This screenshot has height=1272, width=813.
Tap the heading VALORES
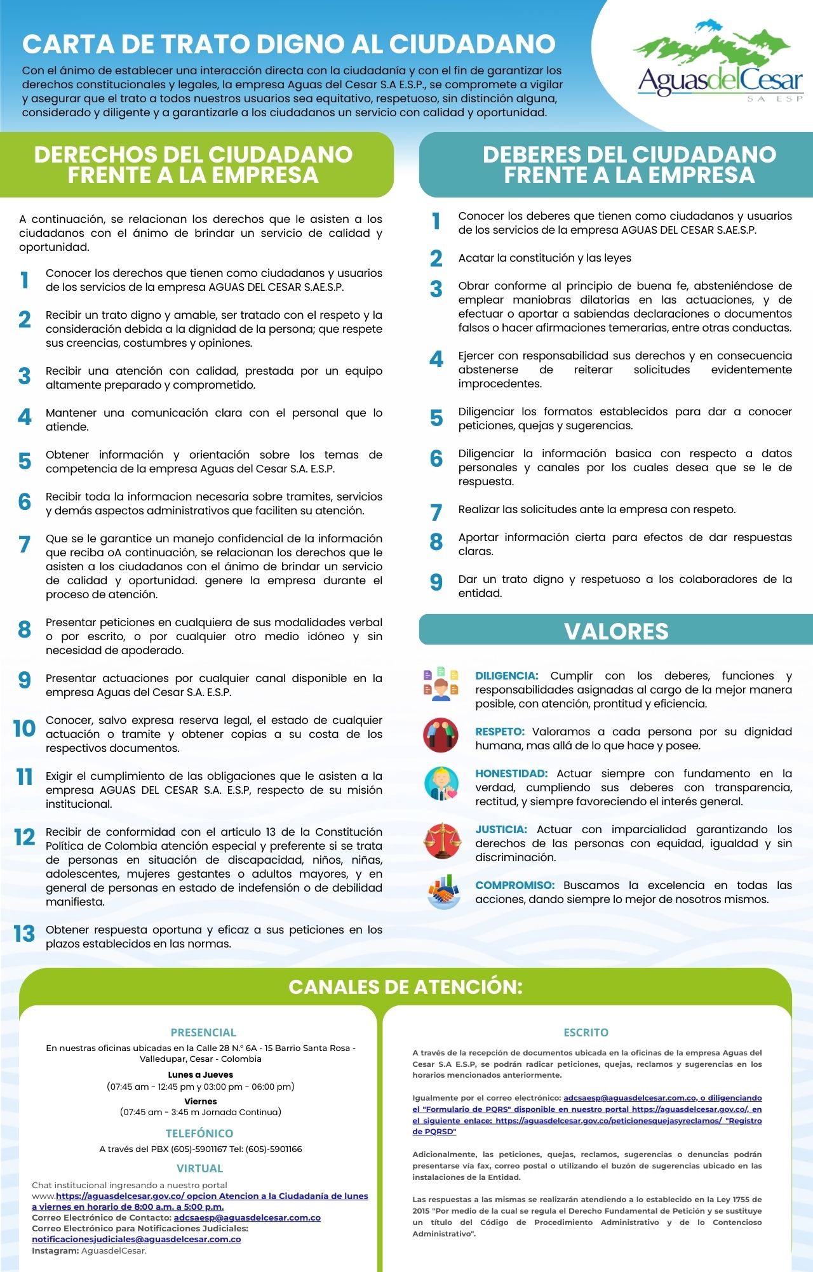pos(616,631)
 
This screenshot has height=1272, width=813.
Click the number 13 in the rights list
pos(24,934)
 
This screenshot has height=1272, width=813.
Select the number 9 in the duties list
pos(436,582)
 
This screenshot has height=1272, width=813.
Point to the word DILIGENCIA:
pos(507,676)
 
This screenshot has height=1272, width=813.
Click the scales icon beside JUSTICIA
pos(441,840)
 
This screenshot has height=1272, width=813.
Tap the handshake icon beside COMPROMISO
pos(443,891)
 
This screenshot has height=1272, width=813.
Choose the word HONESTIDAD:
pos(511,773)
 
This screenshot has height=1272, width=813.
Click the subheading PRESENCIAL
pos(203,1033)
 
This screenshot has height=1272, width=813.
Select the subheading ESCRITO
pos(586,1033)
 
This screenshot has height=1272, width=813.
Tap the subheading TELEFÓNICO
pos(199,1133)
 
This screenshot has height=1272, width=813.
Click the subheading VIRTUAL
pos(199,1168)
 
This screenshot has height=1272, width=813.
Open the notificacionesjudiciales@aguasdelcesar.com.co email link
pos(137,1239)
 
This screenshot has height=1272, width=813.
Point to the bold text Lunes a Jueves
pos(201,1075)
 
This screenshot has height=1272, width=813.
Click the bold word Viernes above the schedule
pos(201,1101)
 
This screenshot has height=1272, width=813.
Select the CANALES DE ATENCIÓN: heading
pos(405,987)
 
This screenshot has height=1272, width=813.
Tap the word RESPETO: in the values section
pos(500,732)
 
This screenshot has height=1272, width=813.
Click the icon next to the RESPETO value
pos(441,735)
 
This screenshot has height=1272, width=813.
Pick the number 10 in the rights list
pos(24,728)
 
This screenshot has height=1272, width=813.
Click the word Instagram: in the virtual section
pos(55,1250)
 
